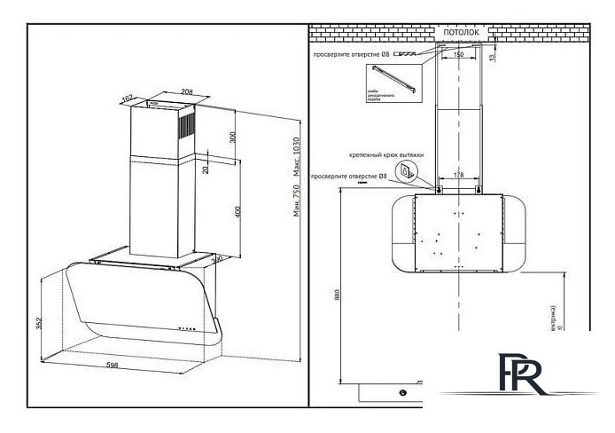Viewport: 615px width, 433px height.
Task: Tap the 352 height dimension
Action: (37, 323)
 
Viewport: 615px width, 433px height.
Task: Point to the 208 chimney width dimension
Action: (188, 92)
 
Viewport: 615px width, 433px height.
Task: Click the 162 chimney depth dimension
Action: (128, 98)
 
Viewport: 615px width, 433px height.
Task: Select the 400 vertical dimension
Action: (233, 212)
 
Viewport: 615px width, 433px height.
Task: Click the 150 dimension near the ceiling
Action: (457, 55)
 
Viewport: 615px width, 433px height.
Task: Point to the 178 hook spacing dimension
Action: (457, 176)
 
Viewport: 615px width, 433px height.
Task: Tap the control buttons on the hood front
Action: (188, 327)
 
